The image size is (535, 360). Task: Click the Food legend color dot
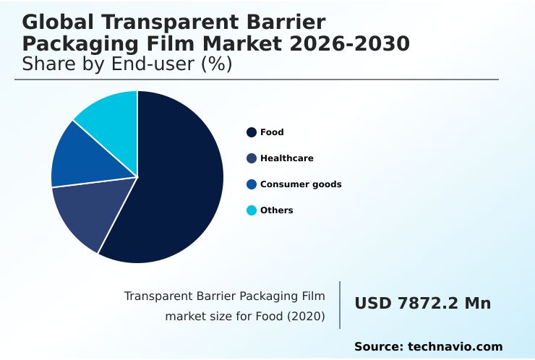coord(252,132)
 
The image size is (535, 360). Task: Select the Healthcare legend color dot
coord(252,158)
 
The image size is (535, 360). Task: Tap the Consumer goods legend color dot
coord(252,184)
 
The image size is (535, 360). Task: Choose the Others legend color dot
coord(252,210)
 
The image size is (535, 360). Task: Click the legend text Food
coord(272,132)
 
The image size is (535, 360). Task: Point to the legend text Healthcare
coord(286,158)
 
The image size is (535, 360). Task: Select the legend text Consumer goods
coord(301,184)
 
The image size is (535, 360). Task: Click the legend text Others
coord(276,210)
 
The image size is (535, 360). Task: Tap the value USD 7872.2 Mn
coord(422,304)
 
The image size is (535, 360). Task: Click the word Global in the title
coord(54,22)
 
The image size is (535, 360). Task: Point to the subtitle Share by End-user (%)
coord(127,64)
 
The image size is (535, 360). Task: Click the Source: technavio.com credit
coord(428,347)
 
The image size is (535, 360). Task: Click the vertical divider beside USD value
coord(340,305)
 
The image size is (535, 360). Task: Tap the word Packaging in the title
coord(82,44)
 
